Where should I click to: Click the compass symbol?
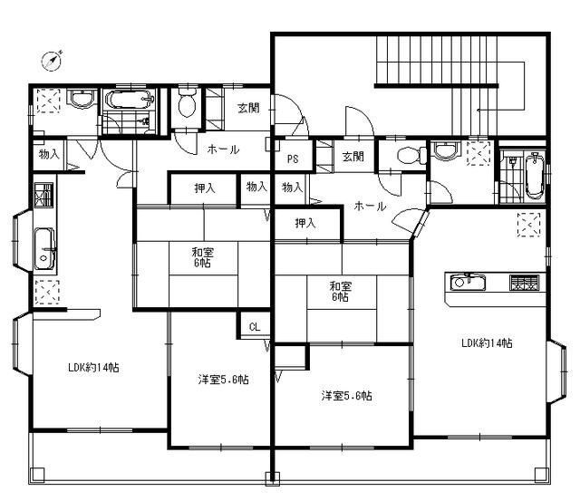52,61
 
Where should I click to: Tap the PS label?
293,159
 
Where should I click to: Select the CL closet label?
255,327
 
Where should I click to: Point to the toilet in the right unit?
411,155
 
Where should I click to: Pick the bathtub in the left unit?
130,99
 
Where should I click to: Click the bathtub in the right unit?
534,177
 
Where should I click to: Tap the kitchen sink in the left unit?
44,249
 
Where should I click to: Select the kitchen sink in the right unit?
468,283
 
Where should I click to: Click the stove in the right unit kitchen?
524,283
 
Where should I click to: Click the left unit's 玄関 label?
248,109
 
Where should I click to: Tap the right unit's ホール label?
370,206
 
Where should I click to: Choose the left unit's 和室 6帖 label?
202,257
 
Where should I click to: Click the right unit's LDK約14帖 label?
487,343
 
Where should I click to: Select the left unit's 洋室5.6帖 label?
223,380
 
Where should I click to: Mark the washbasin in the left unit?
82,99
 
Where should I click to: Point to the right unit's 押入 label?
305,223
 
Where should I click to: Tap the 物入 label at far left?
49,154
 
